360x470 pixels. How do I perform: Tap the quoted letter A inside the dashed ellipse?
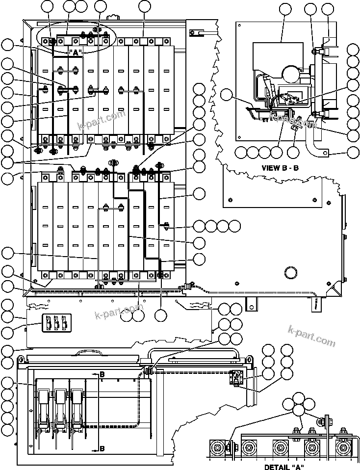[76, 52]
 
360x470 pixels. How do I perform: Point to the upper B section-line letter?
[102, 375]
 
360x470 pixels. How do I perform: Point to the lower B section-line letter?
[102, 448]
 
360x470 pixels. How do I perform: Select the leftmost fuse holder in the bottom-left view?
[43, 402]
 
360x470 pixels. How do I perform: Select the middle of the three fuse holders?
[60, 402]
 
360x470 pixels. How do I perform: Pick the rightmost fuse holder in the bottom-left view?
[77, 402]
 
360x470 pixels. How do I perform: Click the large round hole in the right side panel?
[289, 271]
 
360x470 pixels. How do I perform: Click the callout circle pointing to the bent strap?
[353, 152]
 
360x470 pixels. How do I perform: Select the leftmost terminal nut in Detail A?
[217, 447]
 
